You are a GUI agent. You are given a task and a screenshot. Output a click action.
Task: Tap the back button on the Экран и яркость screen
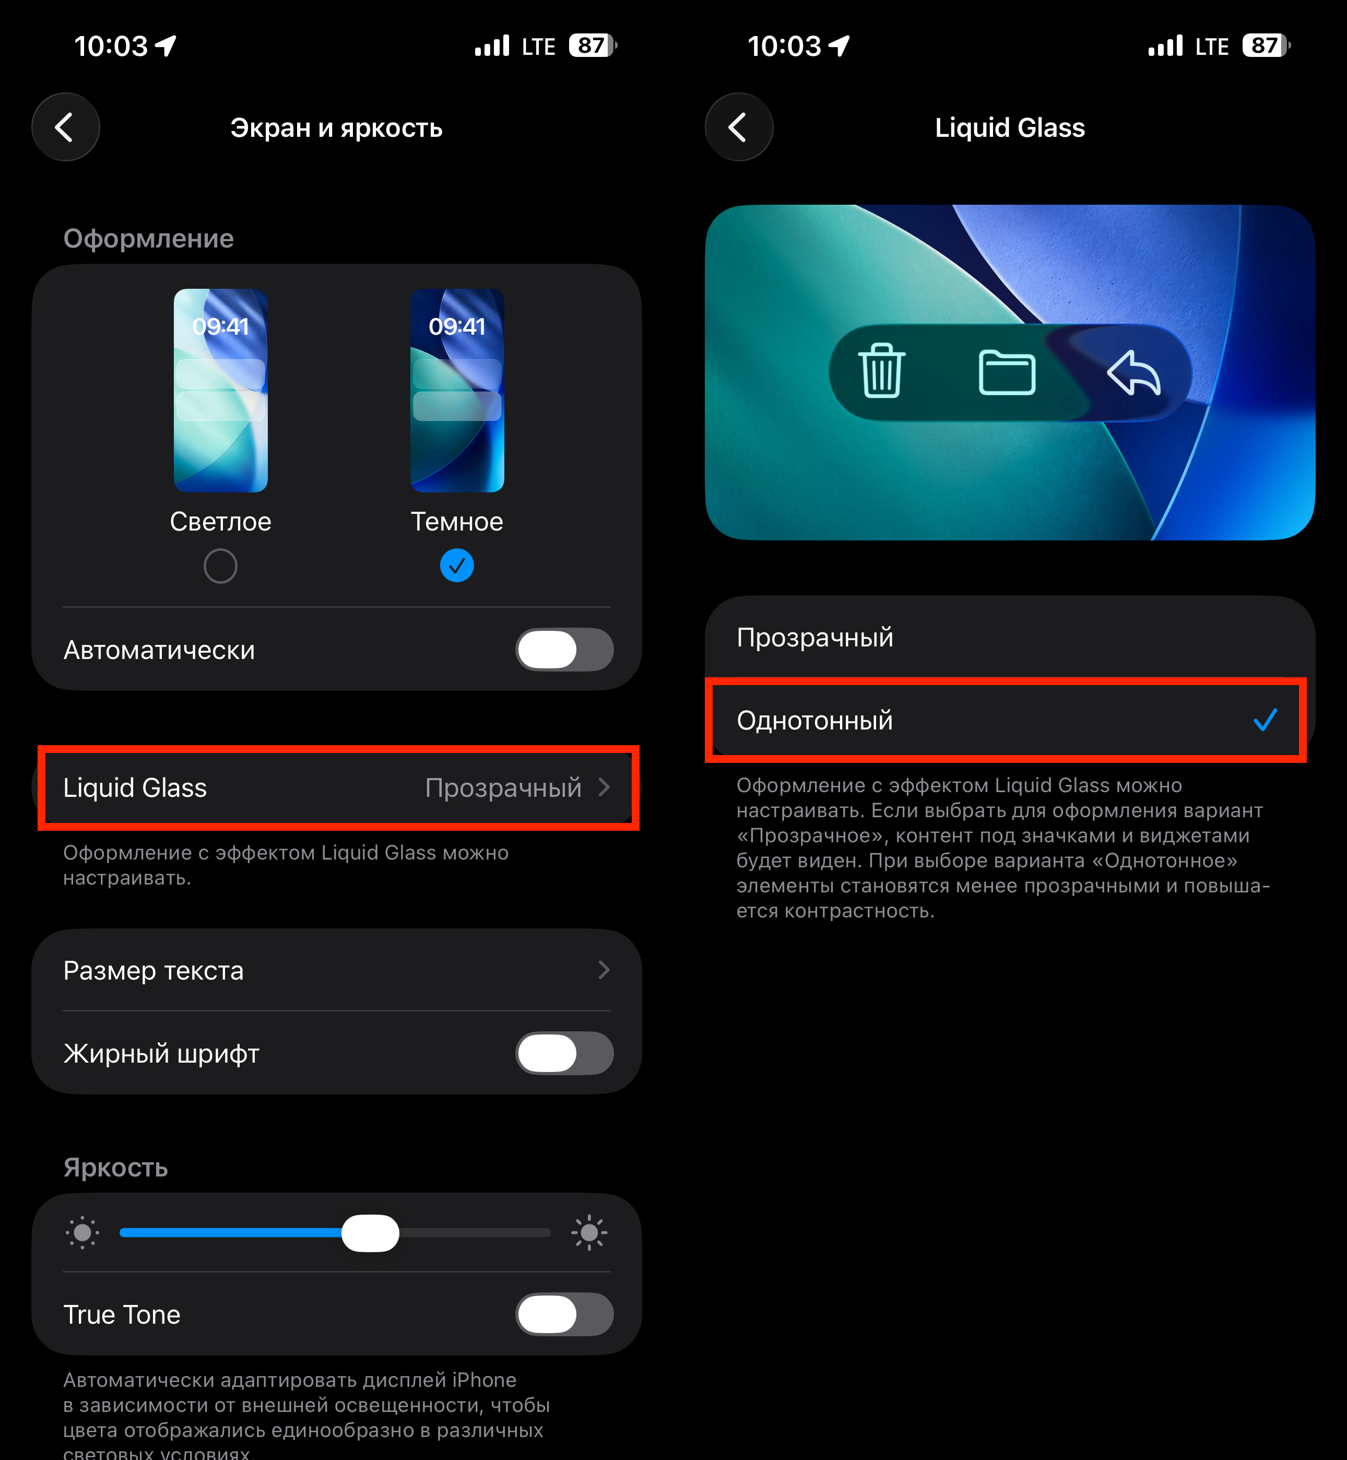66,127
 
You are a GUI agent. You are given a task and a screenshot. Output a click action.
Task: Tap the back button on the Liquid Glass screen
739,127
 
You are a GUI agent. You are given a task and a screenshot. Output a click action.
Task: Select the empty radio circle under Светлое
220,567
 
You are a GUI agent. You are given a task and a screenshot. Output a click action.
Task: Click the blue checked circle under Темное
457,566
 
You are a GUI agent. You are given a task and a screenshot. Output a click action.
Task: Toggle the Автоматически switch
564,650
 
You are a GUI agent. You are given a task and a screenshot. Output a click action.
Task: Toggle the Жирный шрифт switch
564,1053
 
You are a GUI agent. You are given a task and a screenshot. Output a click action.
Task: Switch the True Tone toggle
564,1314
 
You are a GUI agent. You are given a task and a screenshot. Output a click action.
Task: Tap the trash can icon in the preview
882,371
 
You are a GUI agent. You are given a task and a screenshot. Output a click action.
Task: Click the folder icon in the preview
1007,372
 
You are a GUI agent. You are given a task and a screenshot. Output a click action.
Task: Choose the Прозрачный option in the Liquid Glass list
815,637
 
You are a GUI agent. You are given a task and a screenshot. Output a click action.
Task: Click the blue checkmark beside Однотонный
1266,720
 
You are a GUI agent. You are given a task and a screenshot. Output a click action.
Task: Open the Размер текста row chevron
604,970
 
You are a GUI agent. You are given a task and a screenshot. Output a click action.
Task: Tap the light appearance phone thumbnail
220,390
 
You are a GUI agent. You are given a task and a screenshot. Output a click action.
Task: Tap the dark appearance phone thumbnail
457,390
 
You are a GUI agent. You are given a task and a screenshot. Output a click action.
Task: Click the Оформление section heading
149,238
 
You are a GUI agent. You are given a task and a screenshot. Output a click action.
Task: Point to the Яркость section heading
116,1168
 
